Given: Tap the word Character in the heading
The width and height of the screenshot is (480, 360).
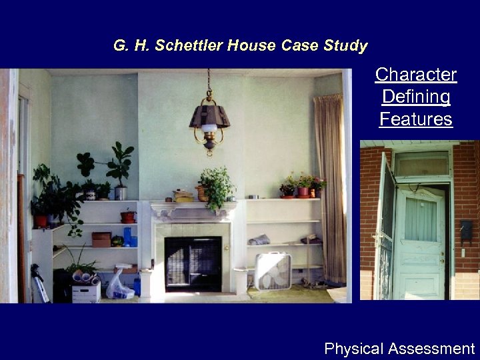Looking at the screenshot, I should coord(415,75).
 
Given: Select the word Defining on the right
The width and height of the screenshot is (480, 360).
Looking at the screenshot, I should coord(415,97).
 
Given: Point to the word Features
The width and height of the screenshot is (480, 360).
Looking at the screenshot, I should coord(415,120).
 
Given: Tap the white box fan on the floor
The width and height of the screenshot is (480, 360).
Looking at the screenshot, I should coord(273,270).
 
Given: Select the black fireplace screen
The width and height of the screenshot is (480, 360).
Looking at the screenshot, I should coord(193,263).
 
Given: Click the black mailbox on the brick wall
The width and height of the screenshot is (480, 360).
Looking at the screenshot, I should coord(466,231).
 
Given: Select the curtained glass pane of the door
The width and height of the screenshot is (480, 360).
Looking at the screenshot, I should coord(420,219).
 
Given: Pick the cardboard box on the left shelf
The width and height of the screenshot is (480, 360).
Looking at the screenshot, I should coord(101,239).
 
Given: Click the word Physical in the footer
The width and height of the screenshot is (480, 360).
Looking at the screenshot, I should coord(353,349).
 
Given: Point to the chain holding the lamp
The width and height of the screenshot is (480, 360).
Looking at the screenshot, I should coord(209,83).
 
